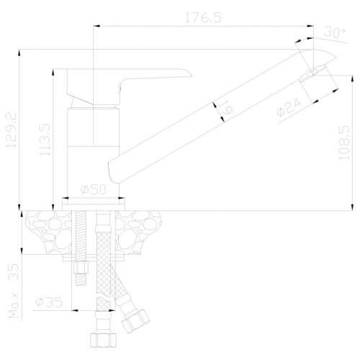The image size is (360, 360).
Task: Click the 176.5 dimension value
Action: coord(203,17)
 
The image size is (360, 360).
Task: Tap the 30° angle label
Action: coord(335,32)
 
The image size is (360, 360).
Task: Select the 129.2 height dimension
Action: coord(11,130)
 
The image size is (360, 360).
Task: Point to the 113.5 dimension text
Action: coord(45,140)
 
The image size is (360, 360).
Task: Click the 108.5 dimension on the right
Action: coord(344,143)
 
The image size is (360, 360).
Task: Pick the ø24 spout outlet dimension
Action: coord(289,108)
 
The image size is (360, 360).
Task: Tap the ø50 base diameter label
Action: coord(93,189)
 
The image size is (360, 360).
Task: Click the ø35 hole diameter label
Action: coord(49,302)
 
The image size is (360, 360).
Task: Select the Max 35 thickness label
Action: coord(14,291)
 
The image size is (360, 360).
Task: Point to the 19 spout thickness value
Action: coord(227,107)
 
